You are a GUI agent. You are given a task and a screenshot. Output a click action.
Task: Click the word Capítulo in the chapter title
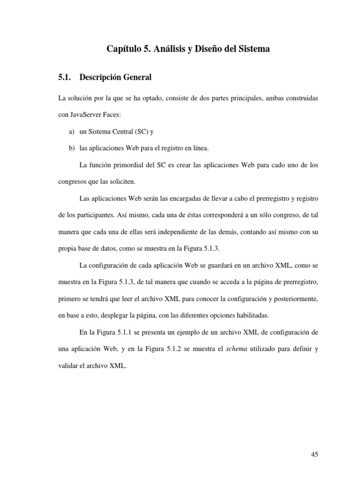coord(123,49)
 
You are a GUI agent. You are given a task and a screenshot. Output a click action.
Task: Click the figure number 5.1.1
coord(125,332)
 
